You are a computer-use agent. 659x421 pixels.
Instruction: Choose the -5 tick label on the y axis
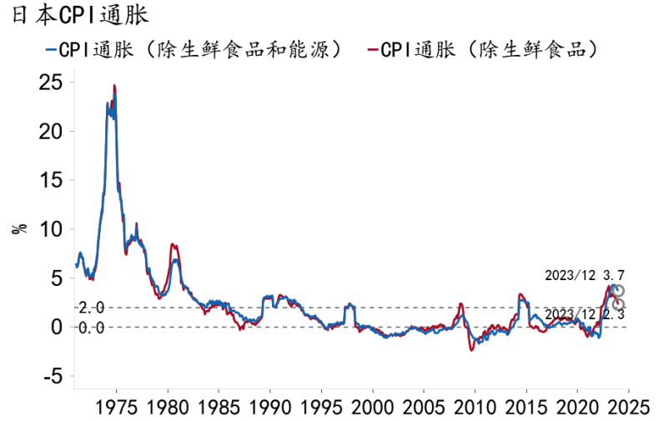[52, 376]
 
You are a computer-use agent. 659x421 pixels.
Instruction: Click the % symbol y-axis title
[19, 228]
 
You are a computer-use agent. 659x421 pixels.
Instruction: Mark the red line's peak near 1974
[114, 85]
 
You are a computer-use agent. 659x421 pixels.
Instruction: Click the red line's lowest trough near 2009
[471, 350]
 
